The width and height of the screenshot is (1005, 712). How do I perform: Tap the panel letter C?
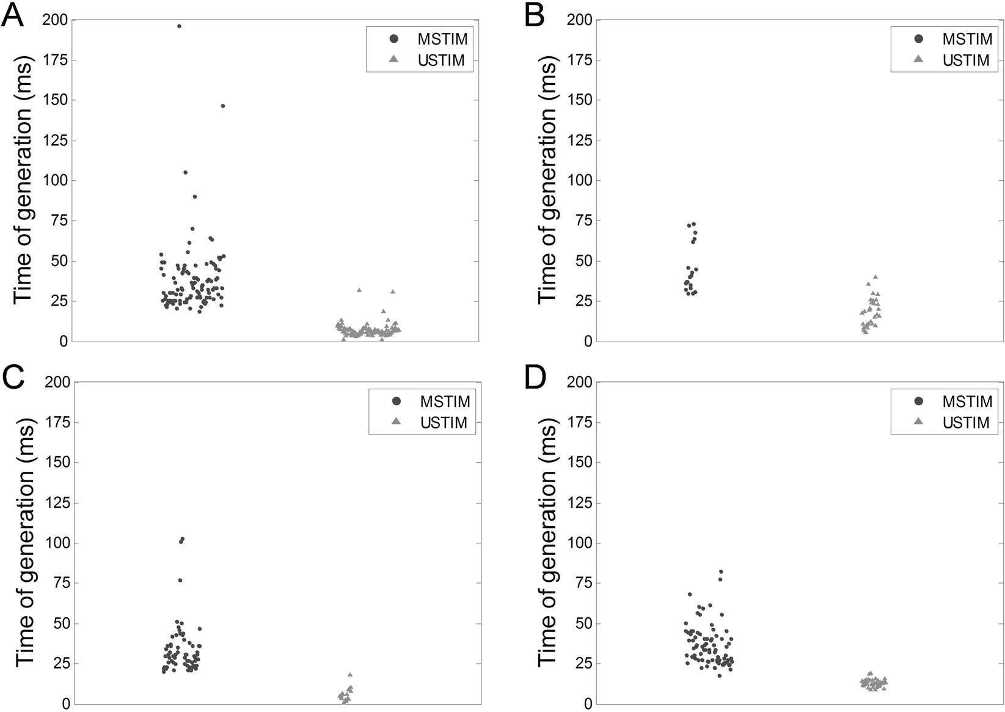13,378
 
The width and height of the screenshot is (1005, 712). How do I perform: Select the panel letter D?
535,378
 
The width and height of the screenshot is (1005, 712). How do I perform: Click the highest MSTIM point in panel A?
179,26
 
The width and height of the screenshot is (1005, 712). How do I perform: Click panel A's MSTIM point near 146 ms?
223,106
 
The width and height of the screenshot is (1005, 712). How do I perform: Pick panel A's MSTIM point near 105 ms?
186,172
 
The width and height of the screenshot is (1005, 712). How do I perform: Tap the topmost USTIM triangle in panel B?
875,277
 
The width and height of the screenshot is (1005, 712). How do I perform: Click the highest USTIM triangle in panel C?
350,675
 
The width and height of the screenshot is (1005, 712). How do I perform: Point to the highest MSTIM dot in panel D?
721,572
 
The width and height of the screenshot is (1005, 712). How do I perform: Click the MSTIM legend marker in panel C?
396,402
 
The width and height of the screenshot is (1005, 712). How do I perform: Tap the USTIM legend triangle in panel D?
918,422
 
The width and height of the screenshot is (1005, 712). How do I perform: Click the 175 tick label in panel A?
55,60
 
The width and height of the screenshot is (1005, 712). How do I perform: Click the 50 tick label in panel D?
584,623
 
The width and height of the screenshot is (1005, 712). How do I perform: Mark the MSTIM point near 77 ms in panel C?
180,580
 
